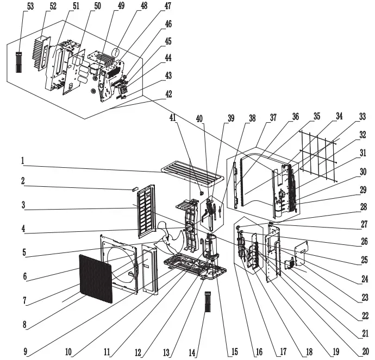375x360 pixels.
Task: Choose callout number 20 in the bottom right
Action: (x=365, y=351)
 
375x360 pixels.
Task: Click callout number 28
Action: (x=363, y=206)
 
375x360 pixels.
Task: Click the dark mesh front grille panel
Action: (x=96, y=277)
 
